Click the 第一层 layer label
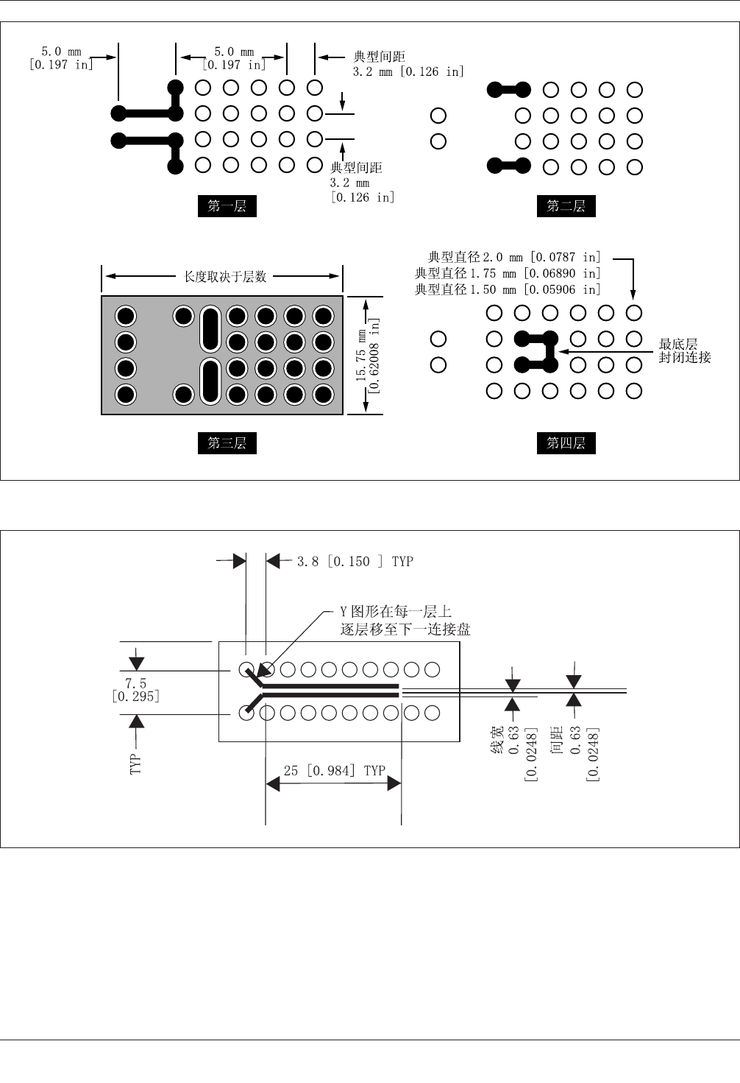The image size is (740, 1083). (x=227, y=206)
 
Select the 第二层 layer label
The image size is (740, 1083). (x=566, y=206)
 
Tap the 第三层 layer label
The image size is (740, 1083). (x=227, y=443)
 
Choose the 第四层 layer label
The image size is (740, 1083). (x=566, y=443)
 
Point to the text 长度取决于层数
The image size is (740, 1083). (x=224, y=277)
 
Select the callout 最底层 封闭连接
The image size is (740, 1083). (x=684, y=351)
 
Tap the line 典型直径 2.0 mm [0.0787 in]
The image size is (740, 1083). (x=514, y=257)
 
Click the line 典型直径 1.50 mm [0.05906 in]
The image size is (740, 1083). (x=508, y=289)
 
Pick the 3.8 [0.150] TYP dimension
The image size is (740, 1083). (x=355, y=562)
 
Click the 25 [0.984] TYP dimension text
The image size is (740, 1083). (x=335, y=770)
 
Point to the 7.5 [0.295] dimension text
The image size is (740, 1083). (x=136, y=690)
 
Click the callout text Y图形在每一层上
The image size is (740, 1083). (x=396, y=612)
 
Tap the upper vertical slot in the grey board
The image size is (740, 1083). (x=210, y=328)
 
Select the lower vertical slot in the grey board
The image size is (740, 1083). (x=210, y=381)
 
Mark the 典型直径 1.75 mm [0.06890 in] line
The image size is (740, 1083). (x=508, y=273)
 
